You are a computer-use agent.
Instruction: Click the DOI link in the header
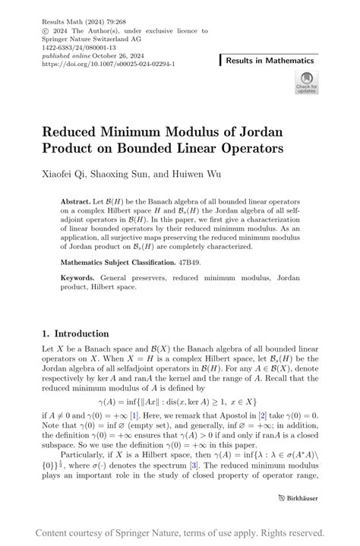click(109, 65)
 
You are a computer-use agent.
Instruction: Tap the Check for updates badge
click(308, 82)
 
